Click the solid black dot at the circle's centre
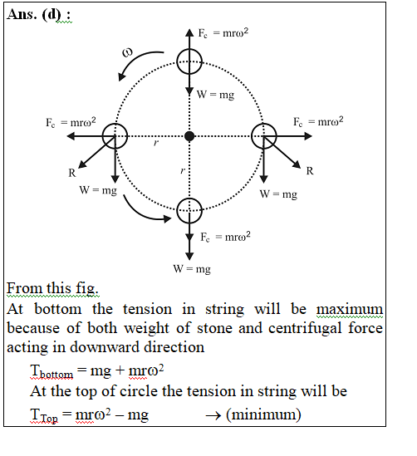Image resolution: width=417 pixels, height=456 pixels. click(x=189, y=136)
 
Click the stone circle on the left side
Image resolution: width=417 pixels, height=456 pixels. click(x=103, y=136)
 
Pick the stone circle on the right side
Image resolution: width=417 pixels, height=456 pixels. click(x=276, y=136)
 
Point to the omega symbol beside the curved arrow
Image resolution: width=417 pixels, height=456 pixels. click(x=127, y=52)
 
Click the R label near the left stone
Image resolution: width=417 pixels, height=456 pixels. click(x=72, y=173)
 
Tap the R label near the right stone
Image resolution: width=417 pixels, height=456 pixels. click(x=310, y=171)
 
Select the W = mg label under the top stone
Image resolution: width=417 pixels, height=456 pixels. click(x=215, y=95)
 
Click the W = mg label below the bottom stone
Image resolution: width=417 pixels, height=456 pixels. click(x=192, y=269)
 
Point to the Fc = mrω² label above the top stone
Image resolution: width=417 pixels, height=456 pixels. click(x=223, y=32)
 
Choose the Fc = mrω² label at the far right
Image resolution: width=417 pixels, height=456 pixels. click(x=318, y=121)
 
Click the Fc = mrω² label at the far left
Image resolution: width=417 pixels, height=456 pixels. click(x=71, y=122)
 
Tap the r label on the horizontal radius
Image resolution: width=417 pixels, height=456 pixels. click(x=156, y=143)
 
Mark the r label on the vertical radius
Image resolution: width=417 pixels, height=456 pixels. click(x=182, y=170)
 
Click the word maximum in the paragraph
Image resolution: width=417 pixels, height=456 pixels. click(x=350, y=309)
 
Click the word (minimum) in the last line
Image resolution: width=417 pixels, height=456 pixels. click(x=263, y=414)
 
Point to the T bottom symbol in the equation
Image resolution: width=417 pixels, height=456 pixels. click(x=52, y=371)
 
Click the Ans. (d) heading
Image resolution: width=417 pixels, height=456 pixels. click(x=39, y=15)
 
